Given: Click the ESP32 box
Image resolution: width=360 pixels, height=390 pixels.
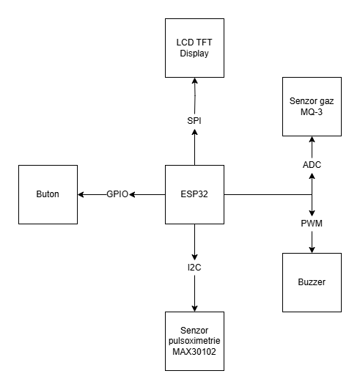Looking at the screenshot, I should click(194, 194).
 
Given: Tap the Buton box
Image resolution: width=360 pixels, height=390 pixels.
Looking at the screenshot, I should click(48, 194).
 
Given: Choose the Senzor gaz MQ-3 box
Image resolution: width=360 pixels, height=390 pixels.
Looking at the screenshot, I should click(312, 106).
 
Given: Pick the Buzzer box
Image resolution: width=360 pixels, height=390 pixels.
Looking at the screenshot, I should click(312, 282).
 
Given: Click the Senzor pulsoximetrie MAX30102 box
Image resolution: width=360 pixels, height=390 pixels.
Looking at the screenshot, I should click(194, 340).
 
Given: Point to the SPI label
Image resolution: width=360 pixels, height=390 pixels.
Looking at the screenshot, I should click(194, 119).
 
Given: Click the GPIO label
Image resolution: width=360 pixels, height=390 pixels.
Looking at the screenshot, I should click(117, 194).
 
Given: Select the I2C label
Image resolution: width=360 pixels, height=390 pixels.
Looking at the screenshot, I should click(194, 268).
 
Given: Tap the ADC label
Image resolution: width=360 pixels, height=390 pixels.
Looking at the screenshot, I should click(312, 165).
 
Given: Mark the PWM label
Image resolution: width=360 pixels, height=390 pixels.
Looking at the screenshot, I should click(312, 223).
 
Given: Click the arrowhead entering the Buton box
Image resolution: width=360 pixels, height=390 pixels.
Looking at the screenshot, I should click(81, 194).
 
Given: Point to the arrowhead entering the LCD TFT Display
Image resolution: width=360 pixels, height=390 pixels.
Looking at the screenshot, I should click(194, 81).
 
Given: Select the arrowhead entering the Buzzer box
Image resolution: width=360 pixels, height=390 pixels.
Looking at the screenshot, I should click(312, 249).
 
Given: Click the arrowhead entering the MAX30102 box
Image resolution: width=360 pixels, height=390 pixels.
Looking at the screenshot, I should click(194, 308).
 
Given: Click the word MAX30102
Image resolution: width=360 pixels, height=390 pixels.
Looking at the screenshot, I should click(194, 351).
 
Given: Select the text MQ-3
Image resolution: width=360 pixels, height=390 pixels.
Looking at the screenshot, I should click(312, 111).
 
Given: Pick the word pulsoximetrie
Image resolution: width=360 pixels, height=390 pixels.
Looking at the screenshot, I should click(194, 340).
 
